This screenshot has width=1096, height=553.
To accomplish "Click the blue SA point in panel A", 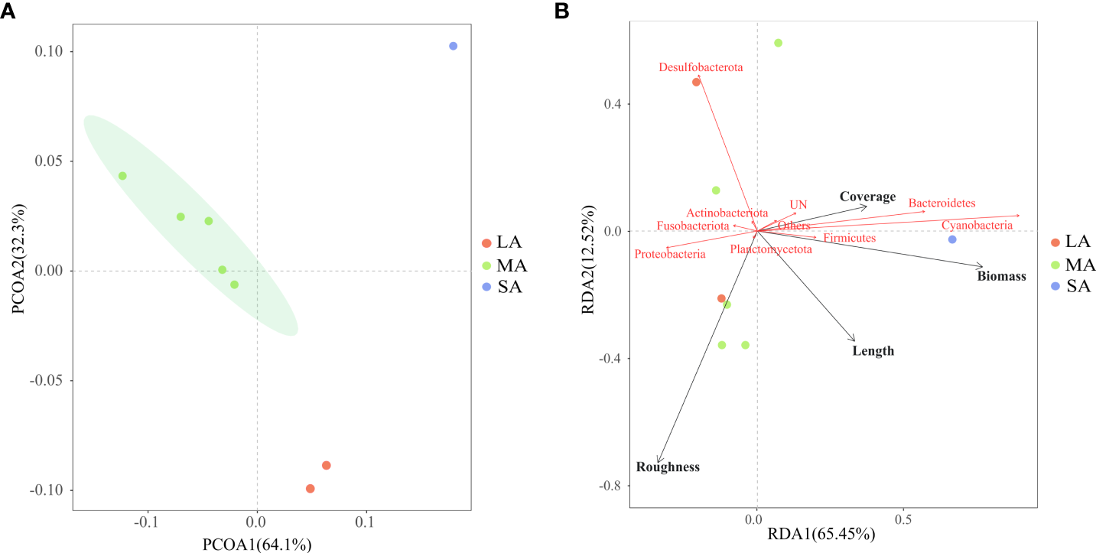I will coord(453,46).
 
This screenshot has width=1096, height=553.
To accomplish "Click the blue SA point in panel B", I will coord(952,239).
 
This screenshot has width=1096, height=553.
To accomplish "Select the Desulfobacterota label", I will coord(701,68).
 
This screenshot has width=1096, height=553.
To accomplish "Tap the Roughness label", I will coord(668,467).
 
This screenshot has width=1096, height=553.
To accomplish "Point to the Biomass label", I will coord(1001,276).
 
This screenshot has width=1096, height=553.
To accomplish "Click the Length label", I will coord(873,351).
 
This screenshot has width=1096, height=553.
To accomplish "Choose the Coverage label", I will coord(867,197).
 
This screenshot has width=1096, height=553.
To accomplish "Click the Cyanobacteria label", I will coord(977,226).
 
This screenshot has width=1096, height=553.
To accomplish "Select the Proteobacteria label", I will coord(670,254).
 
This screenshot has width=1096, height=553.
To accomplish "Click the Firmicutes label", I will coord(849,239).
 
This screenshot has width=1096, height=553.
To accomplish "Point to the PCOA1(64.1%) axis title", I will coord(257,545).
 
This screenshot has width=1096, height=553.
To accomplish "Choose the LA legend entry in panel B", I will coord(1071,242).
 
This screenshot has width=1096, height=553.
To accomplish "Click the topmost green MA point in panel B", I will coord(778,43).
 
